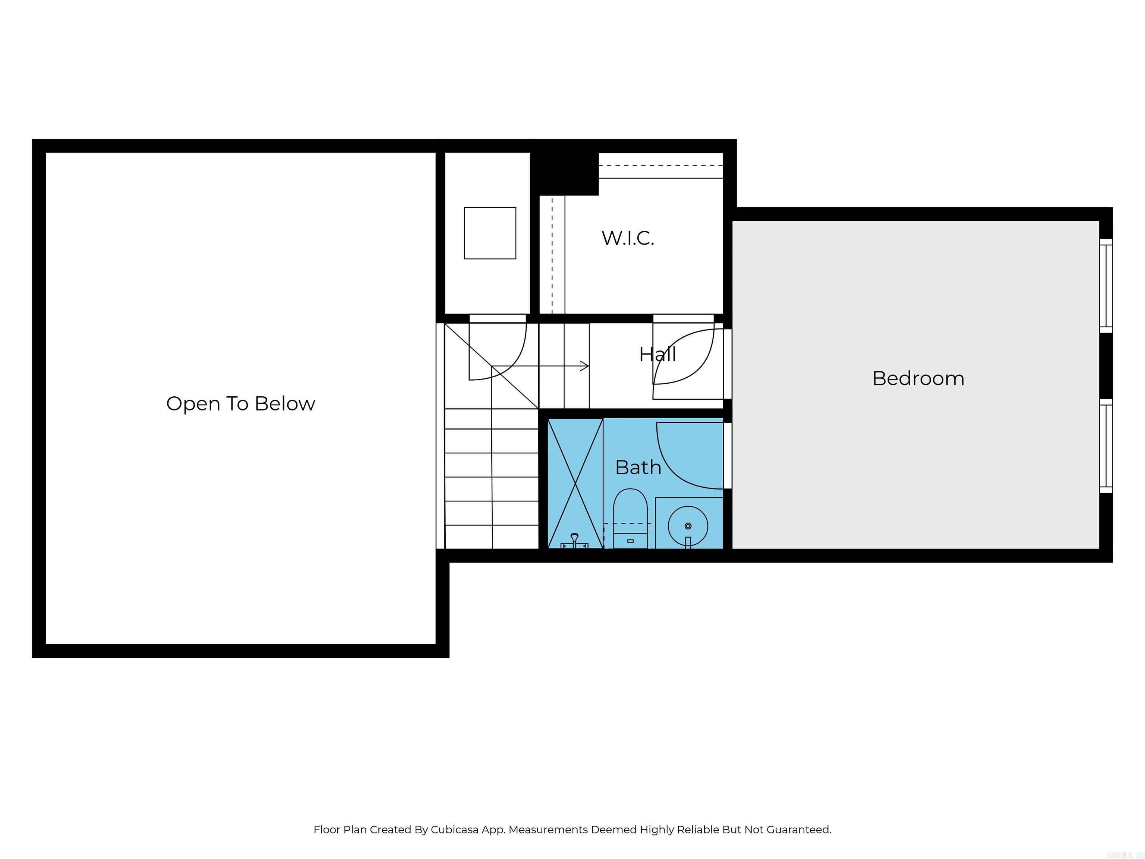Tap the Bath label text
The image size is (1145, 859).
638,468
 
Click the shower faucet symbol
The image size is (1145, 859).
574,541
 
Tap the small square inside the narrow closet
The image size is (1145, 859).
490,233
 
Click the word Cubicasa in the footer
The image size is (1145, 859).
454,830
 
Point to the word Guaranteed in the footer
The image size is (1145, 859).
798,830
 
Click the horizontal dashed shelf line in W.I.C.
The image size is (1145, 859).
660,165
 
